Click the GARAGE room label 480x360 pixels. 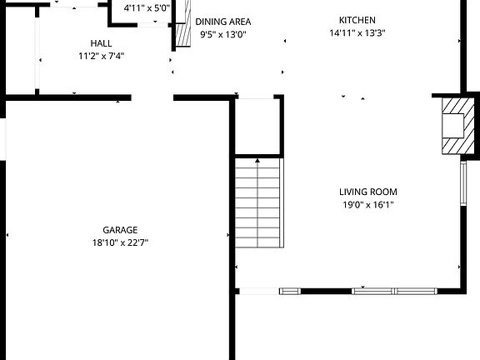tap(120, 230)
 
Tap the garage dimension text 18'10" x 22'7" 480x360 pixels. tap(120, 242)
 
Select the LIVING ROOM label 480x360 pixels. tap(367, 191)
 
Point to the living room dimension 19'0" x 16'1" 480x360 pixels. tap(367, 204)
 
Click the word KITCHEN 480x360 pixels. tap(357, 20)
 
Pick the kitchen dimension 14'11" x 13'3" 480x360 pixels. tap(357, 33)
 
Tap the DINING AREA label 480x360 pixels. tap(222, 22)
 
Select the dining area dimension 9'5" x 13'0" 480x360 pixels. tap(222, 35)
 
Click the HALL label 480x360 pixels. tap(101, 43)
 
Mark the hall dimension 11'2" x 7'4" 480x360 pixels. tap(101, 57)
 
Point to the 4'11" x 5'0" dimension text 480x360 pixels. tap(146, 9)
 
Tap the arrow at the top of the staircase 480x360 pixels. tap(257, 159)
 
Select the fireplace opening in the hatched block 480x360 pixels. tap(452, 125)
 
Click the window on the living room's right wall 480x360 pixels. tap(462, 183)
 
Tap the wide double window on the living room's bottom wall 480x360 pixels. tap(394, 291)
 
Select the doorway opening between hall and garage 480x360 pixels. tap(152, 97)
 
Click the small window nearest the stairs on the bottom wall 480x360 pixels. tap(289, 291)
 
